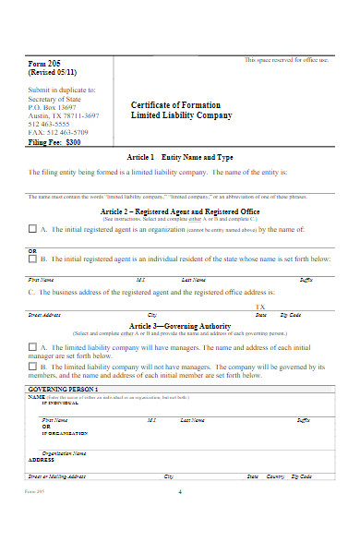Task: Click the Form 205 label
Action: pos(46,63)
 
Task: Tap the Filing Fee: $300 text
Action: pos(55,143)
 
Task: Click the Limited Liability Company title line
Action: pos(181,115)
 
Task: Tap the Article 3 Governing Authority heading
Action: pos(180,326)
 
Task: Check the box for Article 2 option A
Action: pos(33,229)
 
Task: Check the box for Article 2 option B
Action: pos(33,259)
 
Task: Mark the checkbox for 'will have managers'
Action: pos(33,346)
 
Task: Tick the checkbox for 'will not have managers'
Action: pos(33,367)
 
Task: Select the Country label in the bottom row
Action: pos(275,476)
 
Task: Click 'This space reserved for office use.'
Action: pos(286,60)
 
